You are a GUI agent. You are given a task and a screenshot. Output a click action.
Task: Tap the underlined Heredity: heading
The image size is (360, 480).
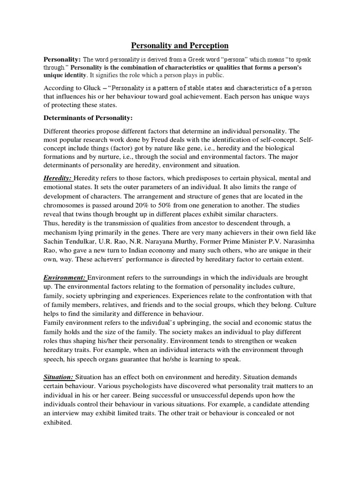[58, 179]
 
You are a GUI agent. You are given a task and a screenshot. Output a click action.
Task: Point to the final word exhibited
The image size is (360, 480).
[58, 422]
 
